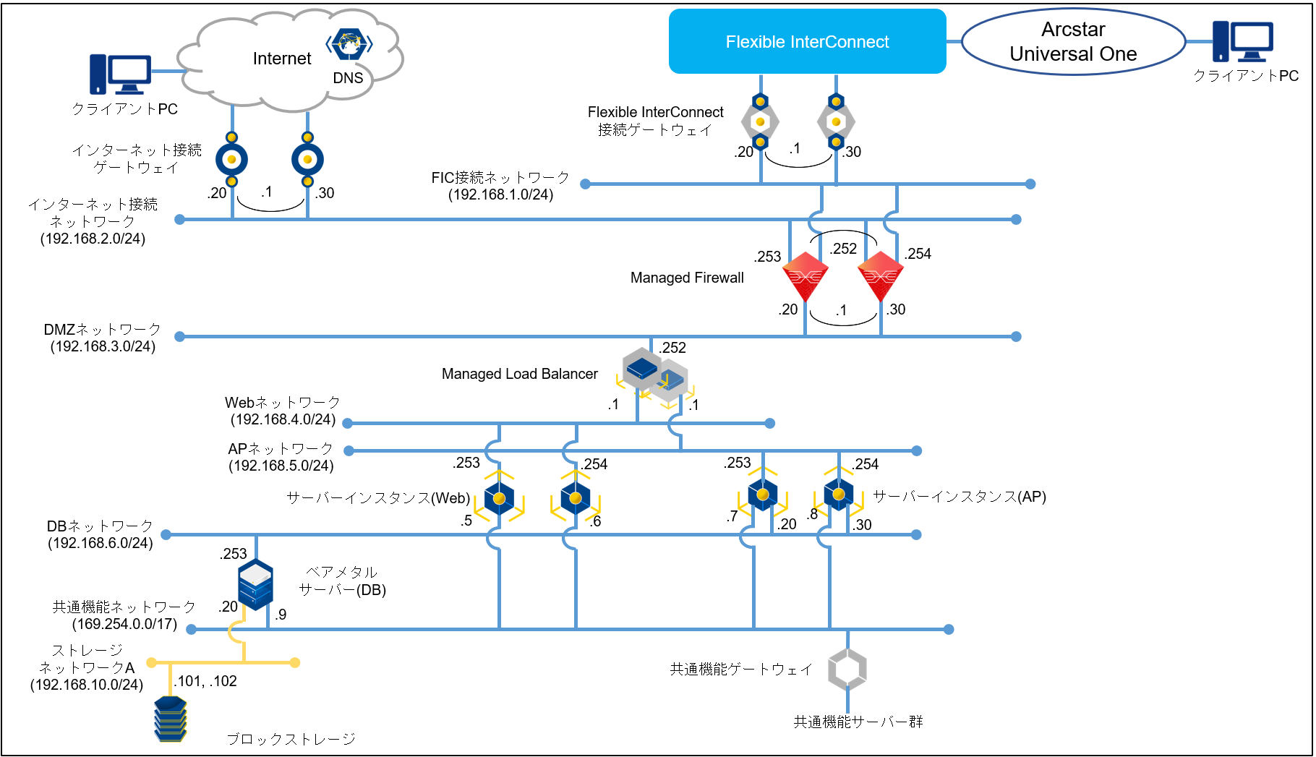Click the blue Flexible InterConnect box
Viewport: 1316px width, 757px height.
[807, 41]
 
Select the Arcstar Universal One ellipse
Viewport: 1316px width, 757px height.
[1073, 42]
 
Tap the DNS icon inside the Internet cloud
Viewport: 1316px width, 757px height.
[349, 44]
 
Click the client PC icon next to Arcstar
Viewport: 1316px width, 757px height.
[1242, 41]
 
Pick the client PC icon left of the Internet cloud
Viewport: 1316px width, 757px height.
[120, 74]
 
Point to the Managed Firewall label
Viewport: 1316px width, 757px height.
[686, 278]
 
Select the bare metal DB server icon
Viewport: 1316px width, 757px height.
[255, 584]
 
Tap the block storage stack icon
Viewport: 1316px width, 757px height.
[171, 719]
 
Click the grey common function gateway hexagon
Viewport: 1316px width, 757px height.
[847, 669]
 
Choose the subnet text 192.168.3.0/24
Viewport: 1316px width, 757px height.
[103, 346]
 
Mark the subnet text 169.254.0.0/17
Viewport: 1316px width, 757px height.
[124, 624]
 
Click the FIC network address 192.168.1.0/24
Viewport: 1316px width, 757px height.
[500, 194]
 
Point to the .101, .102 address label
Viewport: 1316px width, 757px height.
[205, 681]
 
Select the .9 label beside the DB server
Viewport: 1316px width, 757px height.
[281, 615]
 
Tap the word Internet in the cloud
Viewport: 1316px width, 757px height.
[282, 59]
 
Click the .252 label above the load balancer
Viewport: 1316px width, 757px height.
[672, 348]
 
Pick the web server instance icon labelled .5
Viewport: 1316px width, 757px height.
[499, 497]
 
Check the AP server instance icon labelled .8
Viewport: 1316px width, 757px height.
[839, 495]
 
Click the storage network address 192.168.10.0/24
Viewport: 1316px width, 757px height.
[87, 685]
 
